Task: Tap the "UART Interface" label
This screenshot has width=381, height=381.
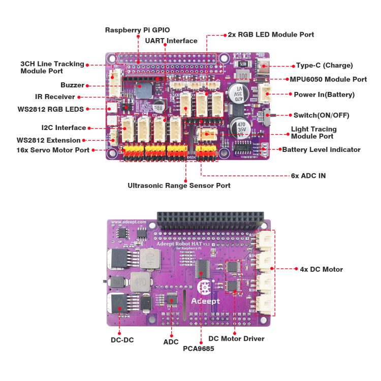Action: pyautogui.click(x=171, y=41)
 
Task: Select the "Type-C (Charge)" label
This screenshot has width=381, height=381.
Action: pyautogui.click(x=324, y=66)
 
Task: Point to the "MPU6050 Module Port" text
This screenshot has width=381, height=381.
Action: pyautogui.click(x=328, y=80)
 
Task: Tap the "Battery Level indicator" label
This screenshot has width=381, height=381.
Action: pyautogui.click(x=321, y=150)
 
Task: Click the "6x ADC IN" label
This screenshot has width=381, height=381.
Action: pyautogui.click(x=308, y=176)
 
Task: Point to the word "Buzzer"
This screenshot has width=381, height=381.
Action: pyautogui.click(x=72, y=85)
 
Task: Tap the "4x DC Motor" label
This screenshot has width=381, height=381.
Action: pyautogui.click(x=322, y=269)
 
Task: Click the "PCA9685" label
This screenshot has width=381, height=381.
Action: pyautogui.click(x=198, y=349)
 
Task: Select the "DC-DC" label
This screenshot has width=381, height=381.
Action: pyautogui.click(x=122, y=339)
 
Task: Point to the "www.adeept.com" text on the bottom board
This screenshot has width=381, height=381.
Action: pyautogui.click(x=129, y=222)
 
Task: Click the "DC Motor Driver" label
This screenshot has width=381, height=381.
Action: pyautogui.click(x=236, y=338)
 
